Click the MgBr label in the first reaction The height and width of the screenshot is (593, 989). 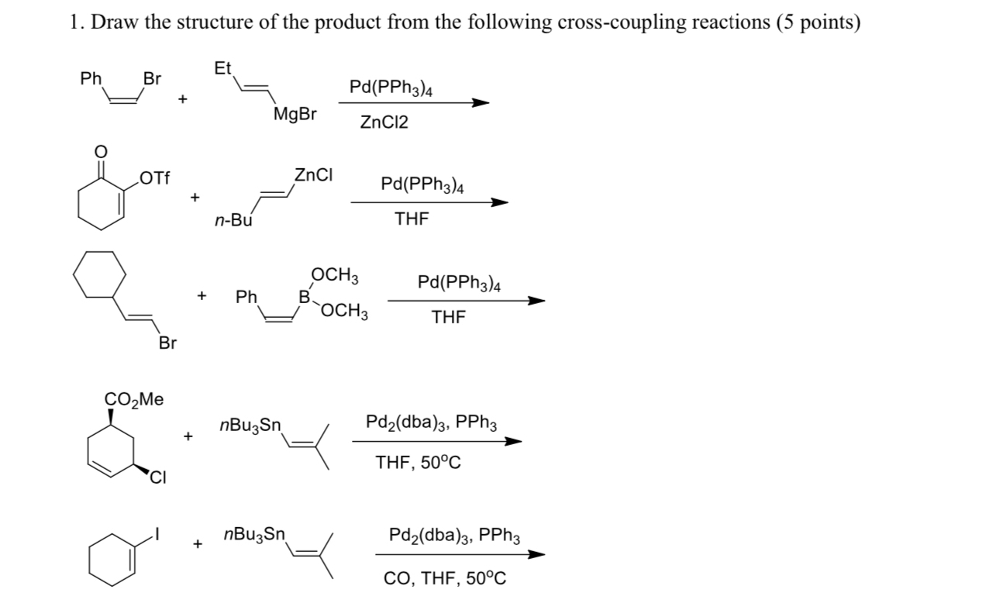295,115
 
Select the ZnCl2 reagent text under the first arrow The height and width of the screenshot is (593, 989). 384,122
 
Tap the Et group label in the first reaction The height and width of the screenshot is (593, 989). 222,69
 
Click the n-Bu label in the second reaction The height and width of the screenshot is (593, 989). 233,221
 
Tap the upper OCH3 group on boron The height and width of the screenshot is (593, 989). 334,275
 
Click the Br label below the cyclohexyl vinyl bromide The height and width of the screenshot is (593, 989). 167,342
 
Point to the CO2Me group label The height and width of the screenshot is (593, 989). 134,399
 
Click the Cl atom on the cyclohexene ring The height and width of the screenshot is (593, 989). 158,476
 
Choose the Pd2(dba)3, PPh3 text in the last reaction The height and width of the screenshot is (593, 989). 454,536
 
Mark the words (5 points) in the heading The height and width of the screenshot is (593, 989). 818,22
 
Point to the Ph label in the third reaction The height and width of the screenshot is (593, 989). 246,297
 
